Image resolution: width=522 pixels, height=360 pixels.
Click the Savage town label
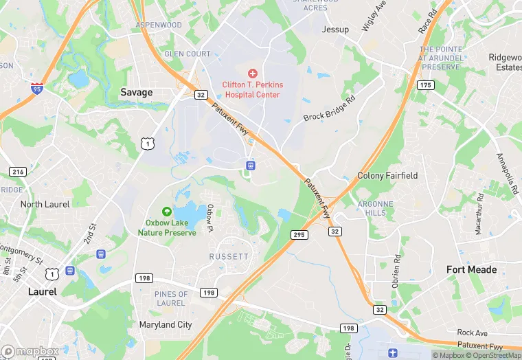click(x=136, y=92)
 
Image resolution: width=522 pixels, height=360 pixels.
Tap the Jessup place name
click(x=335, y=30)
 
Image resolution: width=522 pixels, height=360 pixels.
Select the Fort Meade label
click(x=471, y=269)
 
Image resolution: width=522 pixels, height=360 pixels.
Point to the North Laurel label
click(x=45, y=204)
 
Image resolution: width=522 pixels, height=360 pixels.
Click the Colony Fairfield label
click(x=387, y=176)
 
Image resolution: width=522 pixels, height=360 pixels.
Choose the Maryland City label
click(x=166, y=324)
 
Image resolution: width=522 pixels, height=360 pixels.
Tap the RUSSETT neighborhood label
click(x=229, y=256)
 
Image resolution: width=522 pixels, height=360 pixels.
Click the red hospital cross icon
click(x=252, y=73)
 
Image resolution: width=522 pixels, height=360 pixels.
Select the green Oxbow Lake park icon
click(x=167, y=211)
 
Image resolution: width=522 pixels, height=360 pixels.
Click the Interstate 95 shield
click(x=36, y=88)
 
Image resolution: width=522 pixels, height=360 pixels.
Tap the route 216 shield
click(x=18, y=171)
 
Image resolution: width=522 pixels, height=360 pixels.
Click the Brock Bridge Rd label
click(x=330, y=109)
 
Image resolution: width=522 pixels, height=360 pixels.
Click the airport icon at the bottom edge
click(x=392, y=353)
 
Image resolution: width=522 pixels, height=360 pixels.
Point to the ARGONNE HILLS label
click(x=376, y=209)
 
